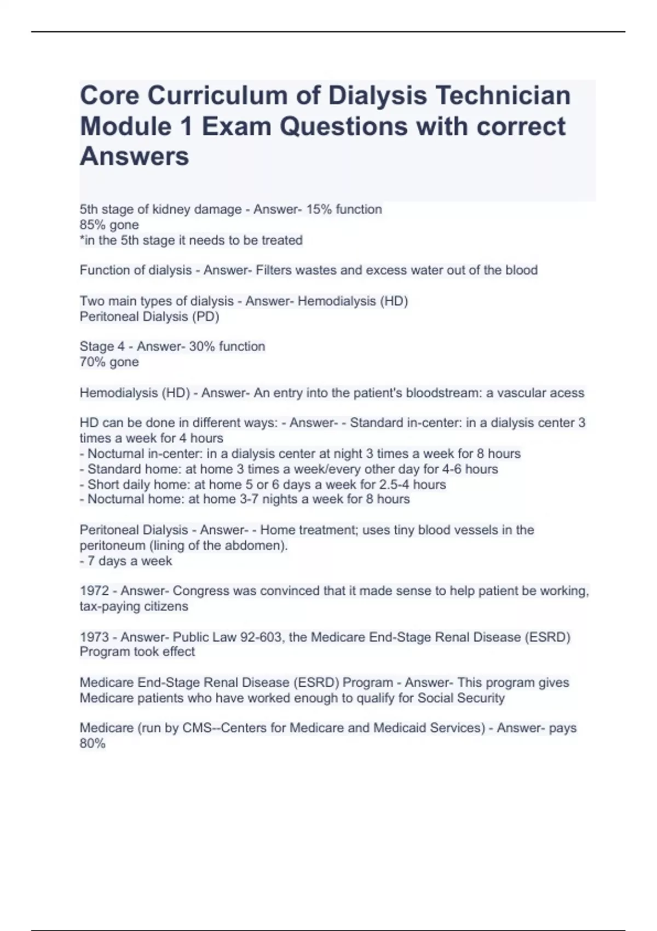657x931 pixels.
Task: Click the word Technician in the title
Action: coord(503,96)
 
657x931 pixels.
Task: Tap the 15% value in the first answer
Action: coord(319,209)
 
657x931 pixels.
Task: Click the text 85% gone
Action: coord(109,225)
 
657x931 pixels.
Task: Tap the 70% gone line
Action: coord(109,361)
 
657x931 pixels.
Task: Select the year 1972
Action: coord(94,591)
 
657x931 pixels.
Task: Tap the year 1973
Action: coord(94,637)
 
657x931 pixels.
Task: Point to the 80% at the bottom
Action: coord(93,743)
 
